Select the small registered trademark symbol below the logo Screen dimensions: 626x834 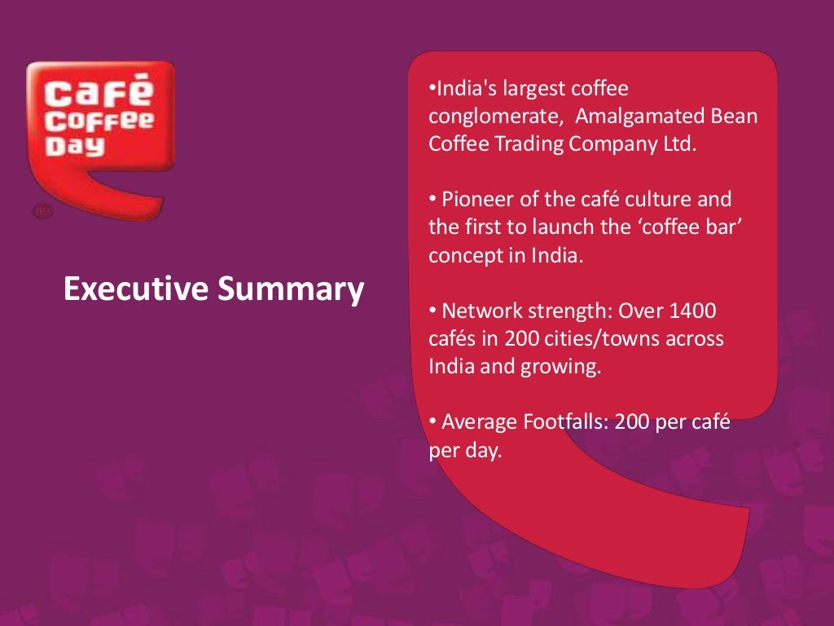(x=42, y=212)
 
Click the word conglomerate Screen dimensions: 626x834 (x=496, y=117)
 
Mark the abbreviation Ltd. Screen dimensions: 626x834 (x=679, y=144)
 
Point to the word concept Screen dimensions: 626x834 (x=461, y=254)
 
